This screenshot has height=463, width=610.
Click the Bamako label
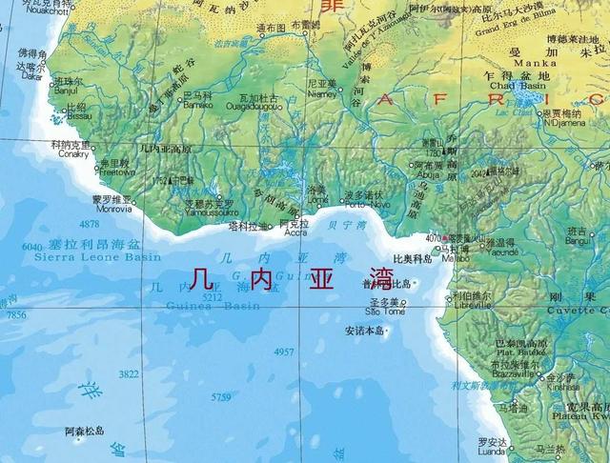pos(198,104)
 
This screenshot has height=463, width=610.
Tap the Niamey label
pos(324,94)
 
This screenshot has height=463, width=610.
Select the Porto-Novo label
pos(362,205)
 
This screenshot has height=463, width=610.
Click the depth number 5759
pos(221,396)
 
